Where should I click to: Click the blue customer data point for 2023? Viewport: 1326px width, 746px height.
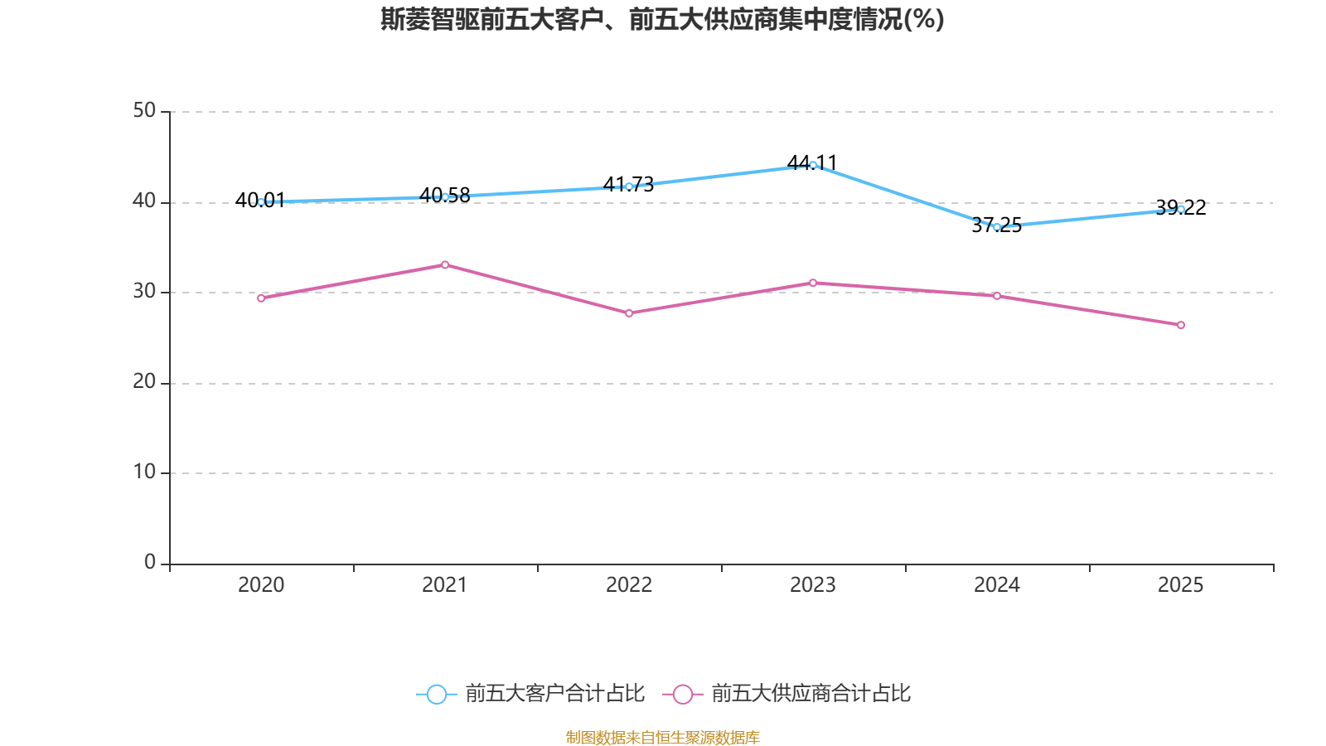(813, 165)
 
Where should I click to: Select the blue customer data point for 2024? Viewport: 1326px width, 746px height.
(997, 226)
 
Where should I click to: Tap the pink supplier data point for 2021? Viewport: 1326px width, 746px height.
(445, 264)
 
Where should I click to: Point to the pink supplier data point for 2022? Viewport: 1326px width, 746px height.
(629, 313)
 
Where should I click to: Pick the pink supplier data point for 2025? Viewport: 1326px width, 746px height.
(1181, 325)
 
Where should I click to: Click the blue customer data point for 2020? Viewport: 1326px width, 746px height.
(261, 201)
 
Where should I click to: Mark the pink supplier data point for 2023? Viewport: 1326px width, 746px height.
(813, 283)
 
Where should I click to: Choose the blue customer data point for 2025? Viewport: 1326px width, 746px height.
(1181, 209)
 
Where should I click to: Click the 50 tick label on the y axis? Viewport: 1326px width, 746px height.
(144, 111)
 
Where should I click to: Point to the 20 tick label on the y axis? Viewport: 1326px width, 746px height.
(144, 382)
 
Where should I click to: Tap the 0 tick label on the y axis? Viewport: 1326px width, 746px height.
(150, 563)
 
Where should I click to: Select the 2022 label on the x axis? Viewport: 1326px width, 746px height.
(629, 585)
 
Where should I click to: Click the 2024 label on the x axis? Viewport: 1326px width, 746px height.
(997, 585)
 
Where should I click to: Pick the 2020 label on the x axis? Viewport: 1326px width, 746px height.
(261, 585)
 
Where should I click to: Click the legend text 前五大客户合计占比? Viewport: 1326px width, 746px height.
(554, 694)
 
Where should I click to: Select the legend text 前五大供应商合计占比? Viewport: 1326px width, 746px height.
(811, 694)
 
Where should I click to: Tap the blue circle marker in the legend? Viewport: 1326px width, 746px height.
(437, 695)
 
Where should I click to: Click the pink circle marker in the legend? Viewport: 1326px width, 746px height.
(683, 695)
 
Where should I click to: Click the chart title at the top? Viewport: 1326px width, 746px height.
(662, 19)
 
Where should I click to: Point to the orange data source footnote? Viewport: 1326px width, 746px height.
(662, 737)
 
